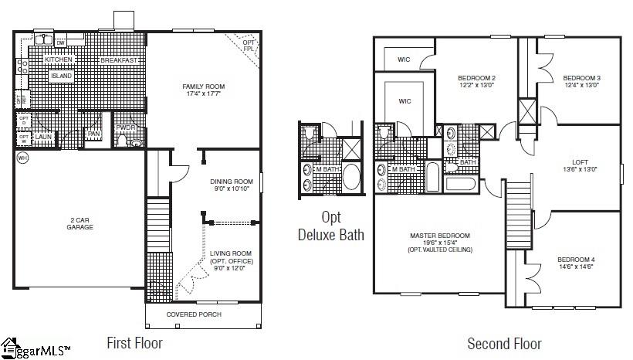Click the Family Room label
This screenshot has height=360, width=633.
click(x=203, y=86)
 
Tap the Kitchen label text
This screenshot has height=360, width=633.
click(x=59, y=60)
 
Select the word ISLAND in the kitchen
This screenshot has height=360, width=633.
click(x=60, y=76)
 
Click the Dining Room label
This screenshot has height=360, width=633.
click(x=231, y=182)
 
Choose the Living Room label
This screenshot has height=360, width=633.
click(x=231, y=253)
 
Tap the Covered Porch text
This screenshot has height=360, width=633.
click(x=194, y=314)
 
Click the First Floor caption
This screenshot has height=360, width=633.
click(x=134, y=342)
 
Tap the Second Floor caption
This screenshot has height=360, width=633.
click(x=504, y=344)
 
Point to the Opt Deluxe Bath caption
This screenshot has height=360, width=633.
click(x=330, y=226)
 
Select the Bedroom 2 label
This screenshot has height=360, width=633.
click(x=476, y=78)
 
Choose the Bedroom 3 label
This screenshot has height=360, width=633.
click(x=581, y=78)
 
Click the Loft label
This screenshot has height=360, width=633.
click(x=580, y=162)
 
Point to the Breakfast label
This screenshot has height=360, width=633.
click(x=120, y=60)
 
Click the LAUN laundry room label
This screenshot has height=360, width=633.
click(x=42, y=137)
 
